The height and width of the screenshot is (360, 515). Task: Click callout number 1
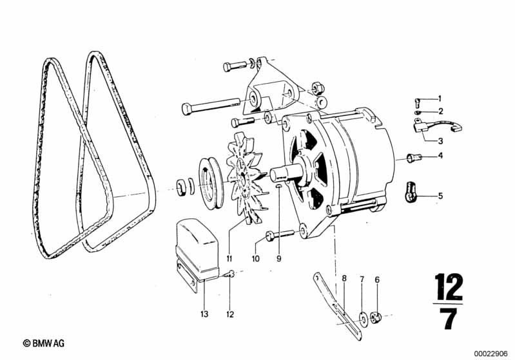coord(440,99)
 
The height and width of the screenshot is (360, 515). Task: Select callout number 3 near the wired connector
coord(440,141)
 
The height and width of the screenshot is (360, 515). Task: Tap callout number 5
coord(440,196)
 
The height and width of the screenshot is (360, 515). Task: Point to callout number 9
coord(279,259)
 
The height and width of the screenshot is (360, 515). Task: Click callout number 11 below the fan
coord(229,259)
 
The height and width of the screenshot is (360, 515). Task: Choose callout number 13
coord(204,314)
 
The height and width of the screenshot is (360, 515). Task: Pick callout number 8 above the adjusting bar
coord(344,279)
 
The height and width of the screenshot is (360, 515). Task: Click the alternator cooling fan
coord(246,177)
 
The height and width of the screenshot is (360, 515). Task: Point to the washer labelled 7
coord(363,318)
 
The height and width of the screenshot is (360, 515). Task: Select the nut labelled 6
coord(376,317)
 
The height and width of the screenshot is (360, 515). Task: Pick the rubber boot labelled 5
coord(409,192)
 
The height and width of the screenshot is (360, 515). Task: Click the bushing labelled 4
coord(414,158)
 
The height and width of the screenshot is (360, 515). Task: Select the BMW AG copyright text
coord(44,343)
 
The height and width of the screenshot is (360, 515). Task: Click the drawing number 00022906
coord(491,354)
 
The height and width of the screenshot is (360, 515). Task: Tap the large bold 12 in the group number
coord(448,287)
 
